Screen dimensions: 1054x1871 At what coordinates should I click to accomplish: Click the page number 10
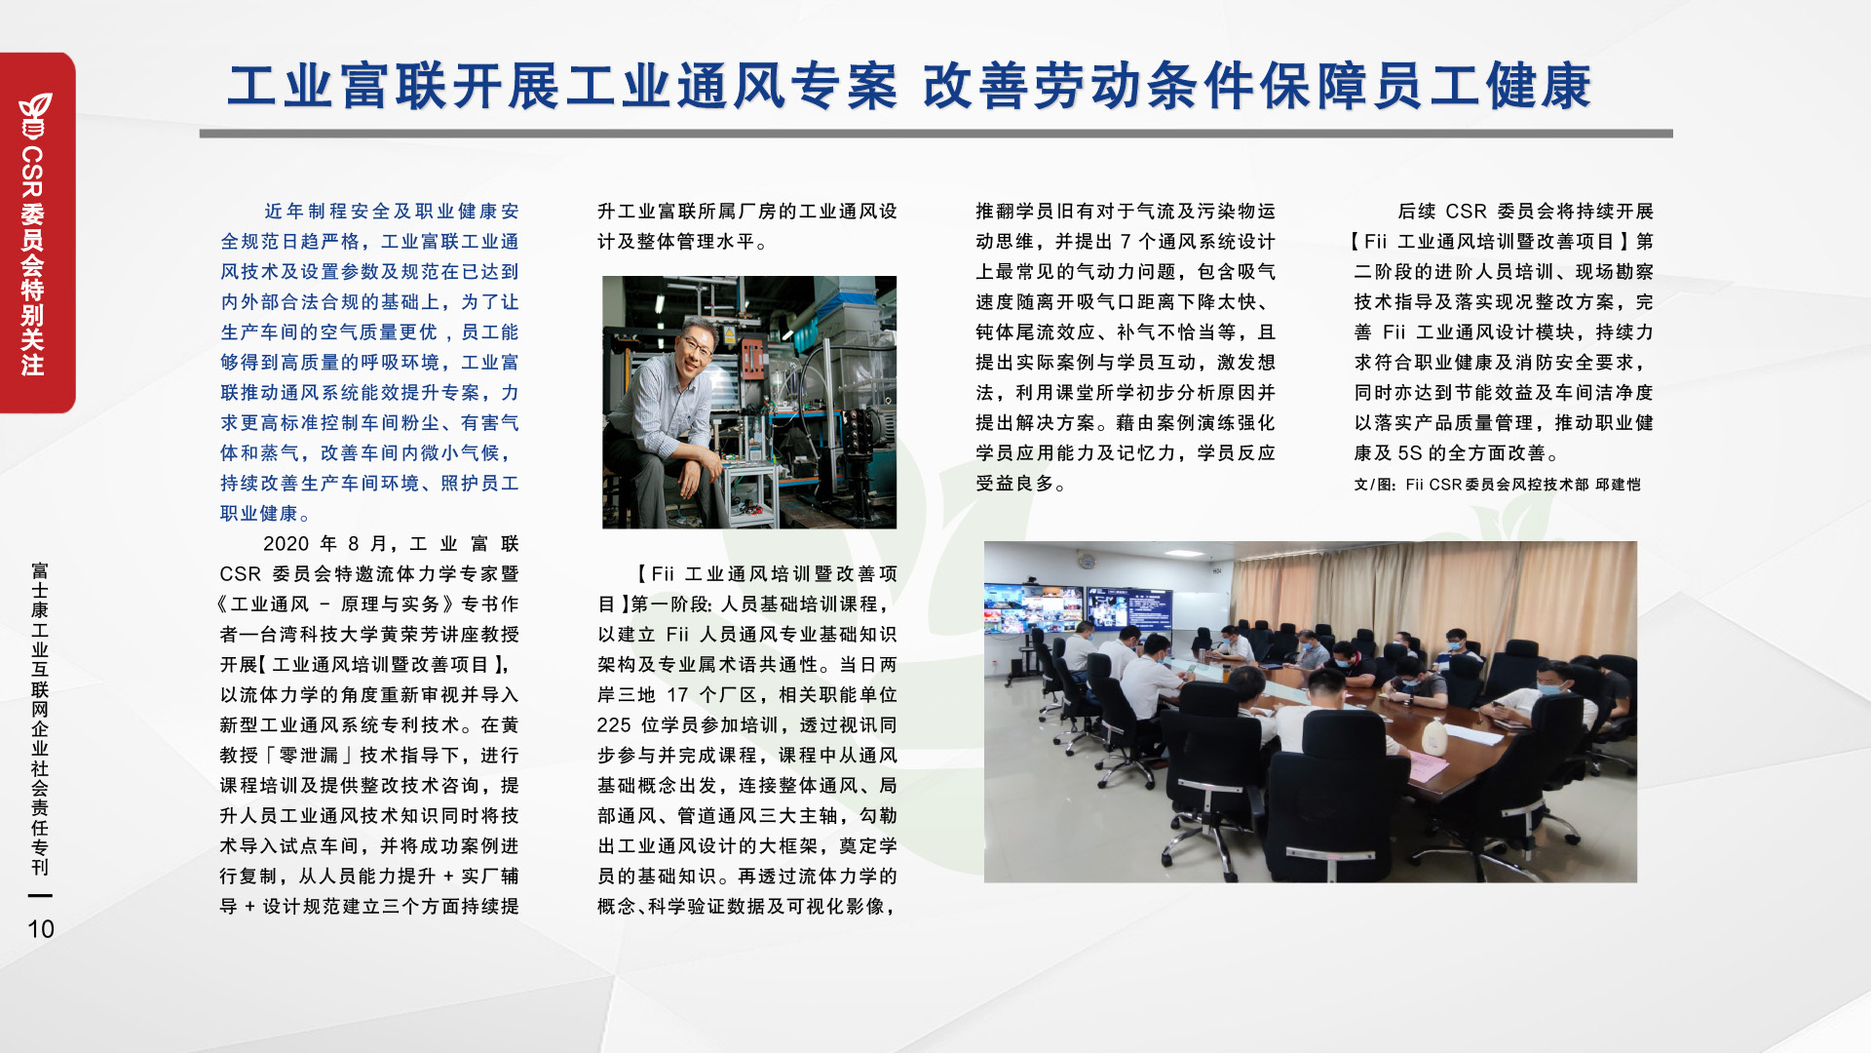[x=41, y=929]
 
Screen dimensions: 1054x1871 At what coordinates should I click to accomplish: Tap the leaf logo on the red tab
[x=35, y=115]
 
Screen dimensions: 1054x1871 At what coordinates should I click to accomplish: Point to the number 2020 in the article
[x=286, y=544]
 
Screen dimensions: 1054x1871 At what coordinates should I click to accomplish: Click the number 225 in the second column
[x=614, y=725]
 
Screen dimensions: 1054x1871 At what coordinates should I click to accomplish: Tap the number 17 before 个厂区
[x=677, y=695]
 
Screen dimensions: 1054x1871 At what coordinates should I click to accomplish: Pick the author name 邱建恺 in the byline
[x=1618, y=485]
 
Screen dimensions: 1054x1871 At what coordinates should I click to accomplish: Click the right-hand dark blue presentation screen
[x=1129, y=607]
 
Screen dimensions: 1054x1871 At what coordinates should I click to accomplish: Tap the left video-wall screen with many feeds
[x=1033, y=607]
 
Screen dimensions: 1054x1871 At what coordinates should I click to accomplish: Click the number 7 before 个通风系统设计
[x=1125, y=242]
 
